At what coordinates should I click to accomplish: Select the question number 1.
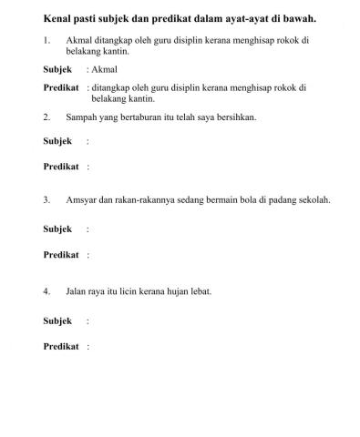point(46,41)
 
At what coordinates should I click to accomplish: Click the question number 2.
point(46,117)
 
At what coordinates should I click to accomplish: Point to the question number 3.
point(46,199)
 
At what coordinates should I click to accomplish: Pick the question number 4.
point(46,291)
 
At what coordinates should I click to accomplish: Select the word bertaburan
point(145,117)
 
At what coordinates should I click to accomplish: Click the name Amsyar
point(84,199)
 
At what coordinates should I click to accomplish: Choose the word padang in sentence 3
point(286,199)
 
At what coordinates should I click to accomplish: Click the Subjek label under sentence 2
point(57,141)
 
